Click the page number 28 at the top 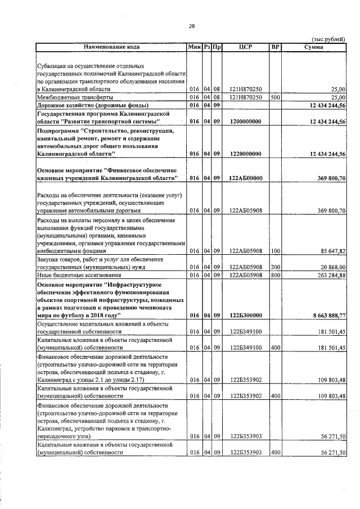pyautogui.click(x=191, y=26)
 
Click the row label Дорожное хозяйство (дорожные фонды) pyautogui.click(x=92, y=105)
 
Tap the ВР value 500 pyautogui.click(x=275, y=97)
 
